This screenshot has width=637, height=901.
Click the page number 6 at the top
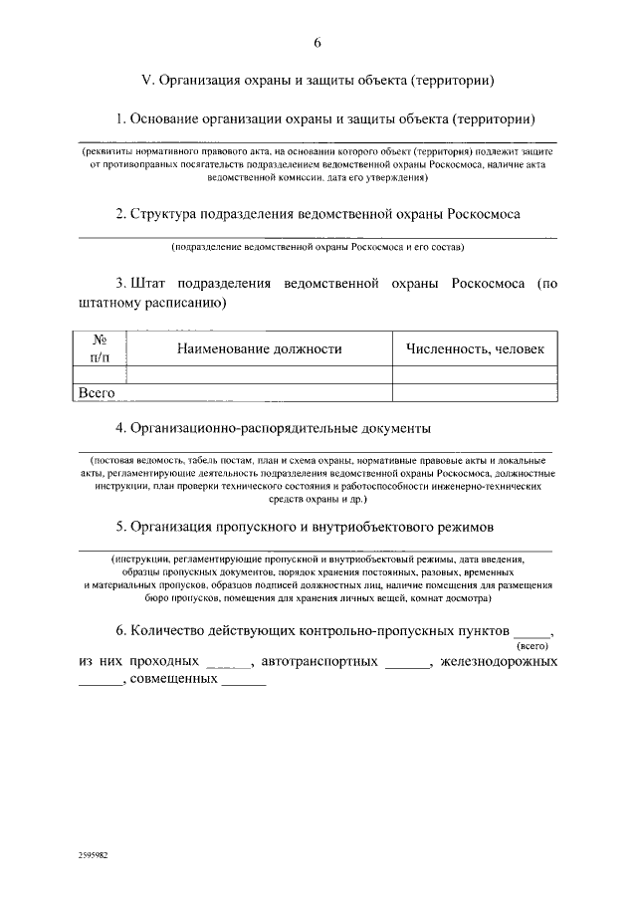[x=318, y=42]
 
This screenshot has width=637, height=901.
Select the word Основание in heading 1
[x=166, y=118]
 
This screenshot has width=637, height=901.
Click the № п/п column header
[x=99, y=348]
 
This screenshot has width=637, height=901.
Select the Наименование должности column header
[x=259, y=348]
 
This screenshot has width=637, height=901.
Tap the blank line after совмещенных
[x=244, y=684]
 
